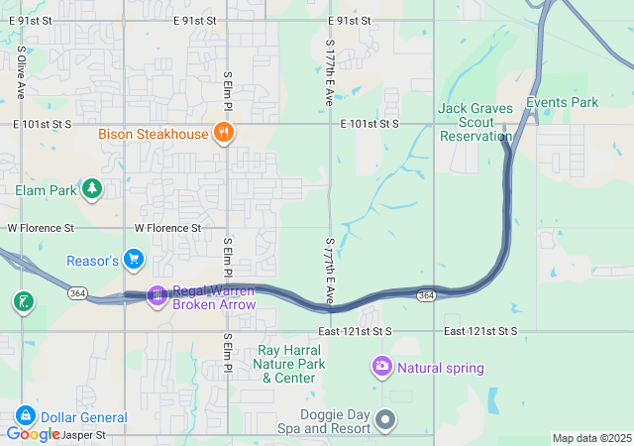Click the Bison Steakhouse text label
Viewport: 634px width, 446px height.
[x=153, y=134]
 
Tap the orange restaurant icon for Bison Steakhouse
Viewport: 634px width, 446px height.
[x=225, y=133]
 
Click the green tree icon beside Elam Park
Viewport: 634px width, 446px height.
[x=92, y=188]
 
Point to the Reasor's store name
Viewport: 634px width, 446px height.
[x=92, y=261]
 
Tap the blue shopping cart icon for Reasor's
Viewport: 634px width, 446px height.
[x=134, y=261]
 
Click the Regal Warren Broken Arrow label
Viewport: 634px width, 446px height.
[x=214, y=297]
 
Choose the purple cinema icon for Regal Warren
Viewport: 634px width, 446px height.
[x=157, y=294]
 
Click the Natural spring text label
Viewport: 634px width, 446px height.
[x=441, y=369]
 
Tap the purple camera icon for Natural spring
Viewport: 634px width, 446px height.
[x=381, y=368]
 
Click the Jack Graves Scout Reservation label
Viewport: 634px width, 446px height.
[x=475, y=121]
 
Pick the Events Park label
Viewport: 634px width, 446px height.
[x=562, y=102]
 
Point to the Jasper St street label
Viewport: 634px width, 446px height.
[x=81, y=434]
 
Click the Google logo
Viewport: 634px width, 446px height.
[x=34, y=433]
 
